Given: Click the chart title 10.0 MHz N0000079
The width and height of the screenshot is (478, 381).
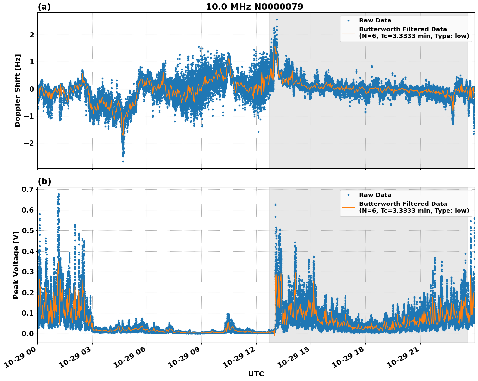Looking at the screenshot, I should (254, 7).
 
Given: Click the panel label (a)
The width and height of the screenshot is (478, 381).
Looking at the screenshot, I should (44, 7).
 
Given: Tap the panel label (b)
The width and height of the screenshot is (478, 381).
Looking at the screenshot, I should (44, 181).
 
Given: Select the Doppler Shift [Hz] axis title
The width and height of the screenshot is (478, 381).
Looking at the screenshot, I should (18, 90).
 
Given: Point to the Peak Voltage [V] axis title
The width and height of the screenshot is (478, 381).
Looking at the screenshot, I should (16, 265).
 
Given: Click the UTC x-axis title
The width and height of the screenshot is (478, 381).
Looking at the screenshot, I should (256, 374).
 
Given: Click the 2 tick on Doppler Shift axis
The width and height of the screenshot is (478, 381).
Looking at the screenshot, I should (32, 35).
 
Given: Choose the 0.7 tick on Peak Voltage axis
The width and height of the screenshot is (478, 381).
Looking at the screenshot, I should (28, 190).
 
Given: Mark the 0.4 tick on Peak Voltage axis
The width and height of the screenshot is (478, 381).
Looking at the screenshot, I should (28, 251).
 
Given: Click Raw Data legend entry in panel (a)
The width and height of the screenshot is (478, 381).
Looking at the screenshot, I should (375, 20).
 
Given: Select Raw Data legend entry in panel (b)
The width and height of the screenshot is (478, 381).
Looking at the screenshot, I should (375, 195).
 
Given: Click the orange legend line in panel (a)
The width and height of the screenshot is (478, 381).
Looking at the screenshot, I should (348, 33).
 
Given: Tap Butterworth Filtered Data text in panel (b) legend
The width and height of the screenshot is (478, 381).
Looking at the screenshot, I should (403, 204).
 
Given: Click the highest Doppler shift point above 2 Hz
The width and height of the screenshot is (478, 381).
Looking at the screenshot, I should (277, 20).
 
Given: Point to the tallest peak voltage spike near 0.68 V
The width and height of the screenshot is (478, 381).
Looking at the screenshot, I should (59, 194).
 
